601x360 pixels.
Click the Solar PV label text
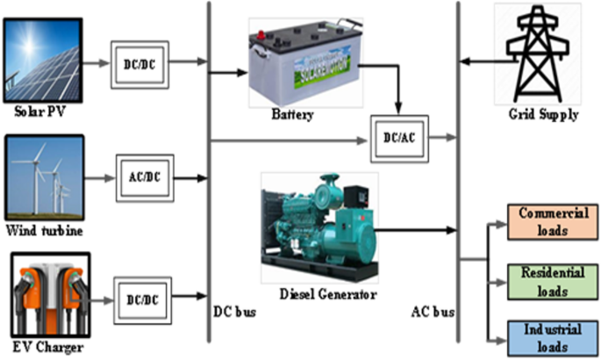coord(41,113)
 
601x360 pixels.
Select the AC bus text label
coord(433,312)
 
